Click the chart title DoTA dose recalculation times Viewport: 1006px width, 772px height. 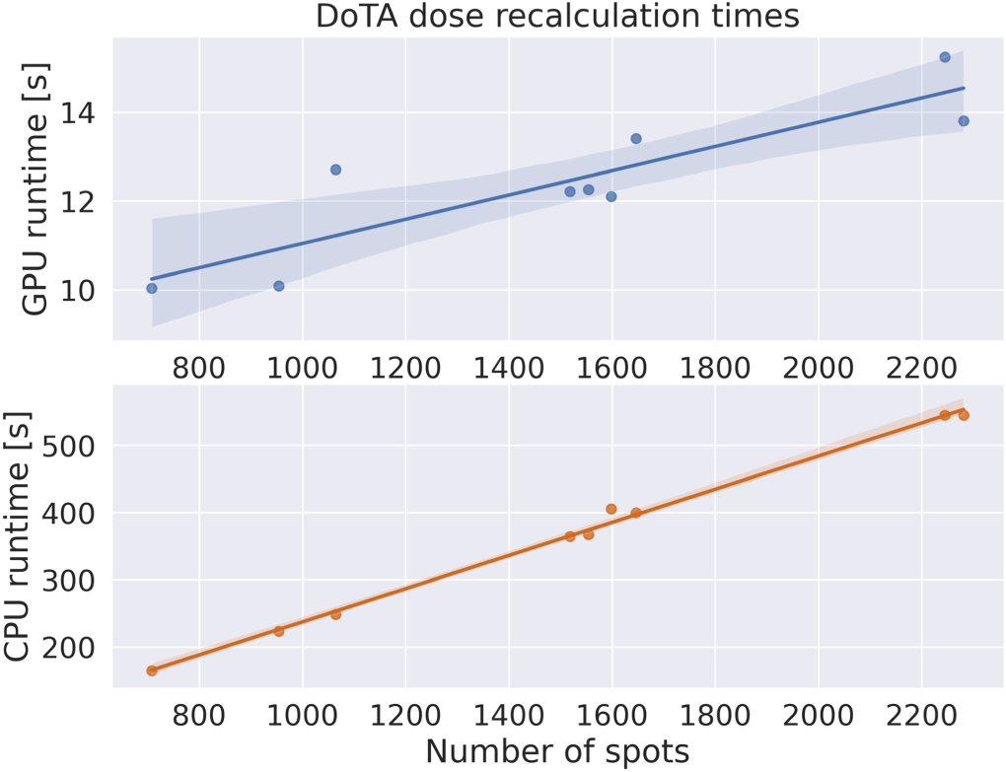pyautogui.click(x=557, y=17)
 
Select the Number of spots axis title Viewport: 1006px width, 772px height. pyautogui.click(x=557, y=751)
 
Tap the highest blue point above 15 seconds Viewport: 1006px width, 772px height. pyautogui.click(x=944, y=57)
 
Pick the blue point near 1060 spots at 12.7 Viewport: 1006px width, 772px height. pyautogui.click(x=335, y=170)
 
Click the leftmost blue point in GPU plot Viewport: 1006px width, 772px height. pyautogui.click(x=152, y=288)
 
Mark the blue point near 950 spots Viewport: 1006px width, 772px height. pyautogui.click(x=279, y=286)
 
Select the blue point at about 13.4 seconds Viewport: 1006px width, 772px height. pyautogui.click(x=636, y=138)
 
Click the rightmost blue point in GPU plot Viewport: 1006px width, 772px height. pyautogui.click(x=964, y=121)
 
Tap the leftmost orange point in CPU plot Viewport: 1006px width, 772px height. pyautogui.click(x=152, y=670)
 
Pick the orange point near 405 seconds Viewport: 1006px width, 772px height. pyautogui.click(x=611, y=509)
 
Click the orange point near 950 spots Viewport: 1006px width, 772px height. pyautogui.click(x=279, y=631)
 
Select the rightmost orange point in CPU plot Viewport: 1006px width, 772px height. pyautogui.click(x=964, y=415)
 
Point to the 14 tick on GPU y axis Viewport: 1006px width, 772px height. pyautogui.click(x=82, y=113)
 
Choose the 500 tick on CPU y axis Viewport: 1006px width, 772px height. pyautogui.click(x=72, y=446)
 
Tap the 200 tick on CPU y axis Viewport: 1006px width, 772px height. pyautogui.click(x=72, y=648)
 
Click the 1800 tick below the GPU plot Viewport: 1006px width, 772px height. pyautogui.click(x=714, y=365)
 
